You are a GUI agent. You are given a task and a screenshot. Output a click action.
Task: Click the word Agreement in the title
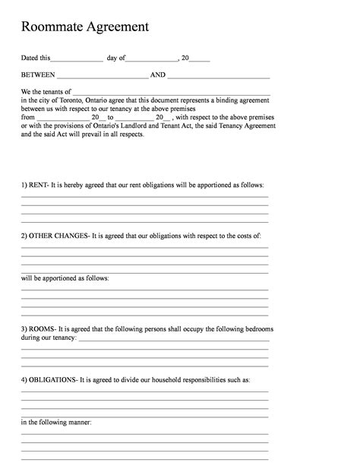[x=116, y=28]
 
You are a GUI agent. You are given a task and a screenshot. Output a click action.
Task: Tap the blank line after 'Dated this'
[x=77, y=59]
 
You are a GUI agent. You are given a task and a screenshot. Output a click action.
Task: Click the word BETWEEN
[x=37, y=75]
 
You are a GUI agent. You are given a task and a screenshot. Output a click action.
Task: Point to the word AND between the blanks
[x=158, y=75]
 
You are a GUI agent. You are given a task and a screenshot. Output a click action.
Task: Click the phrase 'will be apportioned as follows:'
[x=65, y=278]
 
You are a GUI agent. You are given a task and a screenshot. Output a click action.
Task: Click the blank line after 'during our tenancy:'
[x=172, y=338]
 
